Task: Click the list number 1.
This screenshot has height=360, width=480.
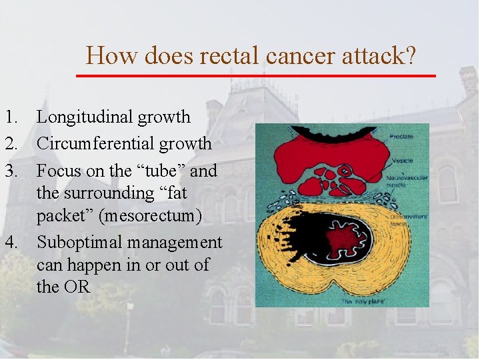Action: pyautogui.click(x=10, y=117)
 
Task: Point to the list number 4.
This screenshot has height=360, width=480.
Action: pyautogui.click(x=10, y=243)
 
